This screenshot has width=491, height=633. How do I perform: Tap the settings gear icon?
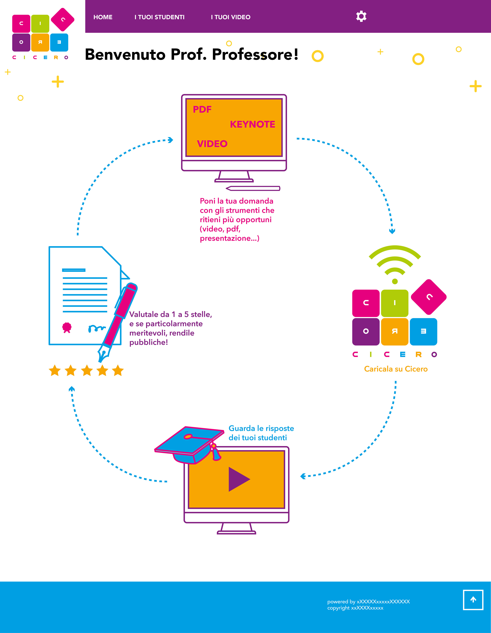pyautogui.click(x=361, y=16)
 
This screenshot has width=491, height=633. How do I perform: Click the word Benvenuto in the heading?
pyautogui.click(x=125, y=54)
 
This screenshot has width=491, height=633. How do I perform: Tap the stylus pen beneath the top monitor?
pyautogui.click(x=253, y=188)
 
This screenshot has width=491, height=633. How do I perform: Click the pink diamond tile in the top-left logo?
pyautogui.click(x=63, y=19)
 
